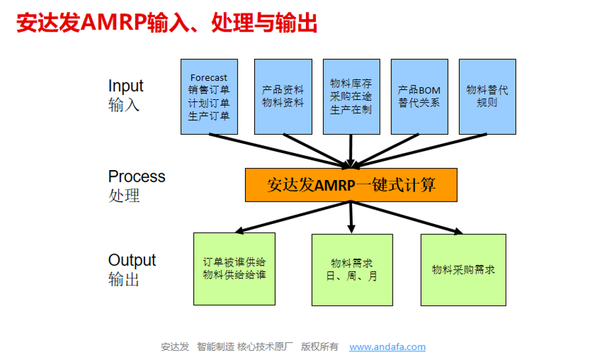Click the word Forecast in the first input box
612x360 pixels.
pyautogui.click(x=209, y=78)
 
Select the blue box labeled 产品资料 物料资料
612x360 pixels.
pyautogui.click(x=283, y=97)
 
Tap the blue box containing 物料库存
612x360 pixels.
pyautogui.click(x=351, y=97)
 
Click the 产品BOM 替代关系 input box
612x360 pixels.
pyautogui.click(x=419, y=97)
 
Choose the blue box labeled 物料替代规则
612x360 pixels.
pyautogui.click(x=487, y=97)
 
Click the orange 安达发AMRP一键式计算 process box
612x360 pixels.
pyautogui.click(x=351, y=185)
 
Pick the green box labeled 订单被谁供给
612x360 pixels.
pyautogui.click(x=234, y=269)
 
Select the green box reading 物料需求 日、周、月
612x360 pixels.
pyautogui.click(x=352, y=270)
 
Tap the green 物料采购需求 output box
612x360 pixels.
pyautogui.click(x=464, y=270)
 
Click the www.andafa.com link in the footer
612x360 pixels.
pyautogui.click(x=387, y=347)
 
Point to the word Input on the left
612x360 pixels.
pyautogui.click(x=125, y=86)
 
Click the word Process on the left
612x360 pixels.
pyautogui.click(x=137, y=177)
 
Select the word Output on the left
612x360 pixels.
pyautogui.click(x=132, y=260)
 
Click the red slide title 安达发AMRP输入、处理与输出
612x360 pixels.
pyautogui.click(x=167, y=22)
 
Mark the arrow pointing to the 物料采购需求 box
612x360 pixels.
pyautogui.click(x=406, y=217)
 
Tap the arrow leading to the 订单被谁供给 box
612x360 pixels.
pyautogui.click(x=293, y=217)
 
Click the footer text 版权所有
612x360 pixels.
pyautogui.click(x=319, y=347)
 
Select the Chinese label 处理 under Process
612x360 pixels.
pyautogui.click(x=123, y=196)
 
